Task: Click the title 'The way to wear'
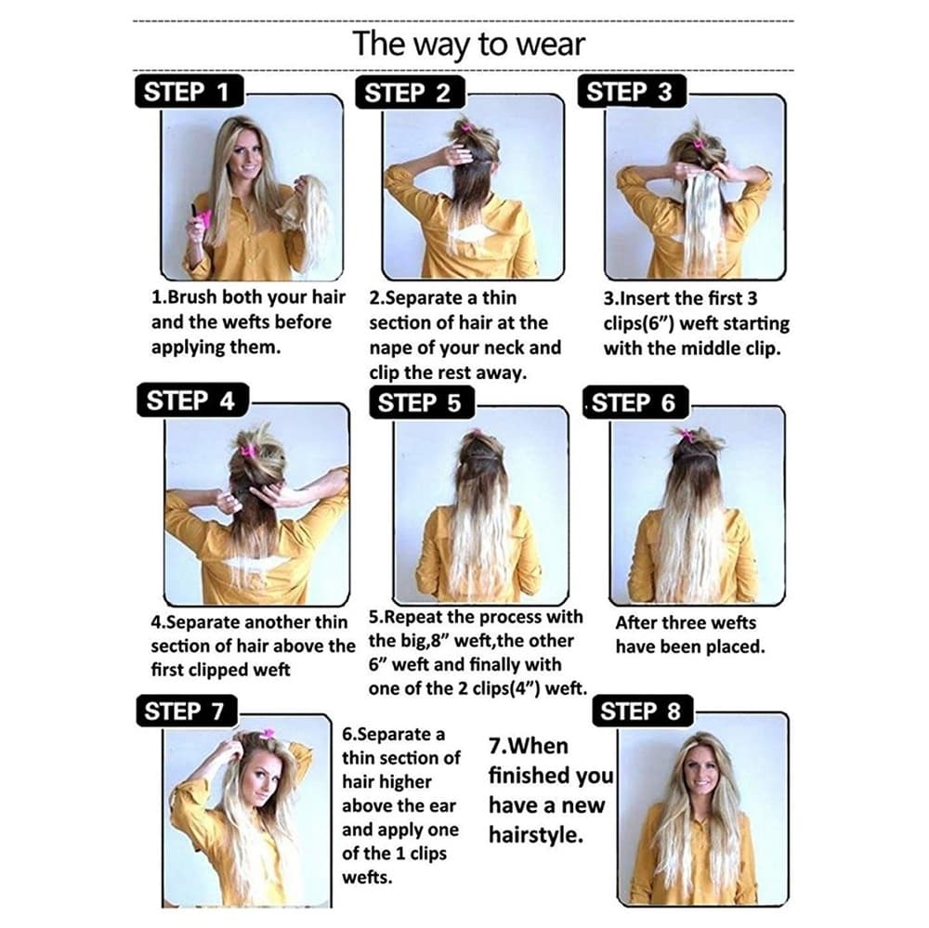click(468, 45)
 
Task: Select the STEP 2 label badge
click(410, 93)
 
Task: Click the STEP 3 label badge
click(632, 91)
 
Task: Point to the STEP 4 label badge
click(192, 400)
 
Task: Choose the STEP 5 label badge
click(421, 402)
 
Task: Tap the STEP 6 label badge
click(635, 402)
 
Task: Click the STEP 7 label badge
click(186, 711)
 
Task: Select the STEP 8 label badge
click(642, 711)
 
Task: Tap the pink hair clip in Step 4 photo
click(248, 450)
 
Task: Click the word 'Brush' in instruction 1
click(191, 296)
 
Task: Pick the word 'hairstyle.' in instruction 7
click(536, 835)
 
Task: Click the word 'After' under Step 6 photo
click(635, 622)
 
